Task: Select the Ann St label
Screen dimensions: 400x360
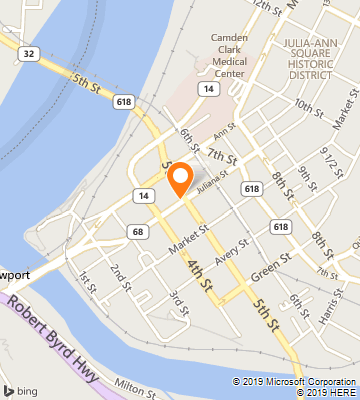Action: point(223,128)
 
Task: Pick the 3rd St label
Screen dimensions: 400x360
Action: point(179,300)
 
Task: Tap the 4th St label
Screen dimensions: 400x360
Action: point(201,275)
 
